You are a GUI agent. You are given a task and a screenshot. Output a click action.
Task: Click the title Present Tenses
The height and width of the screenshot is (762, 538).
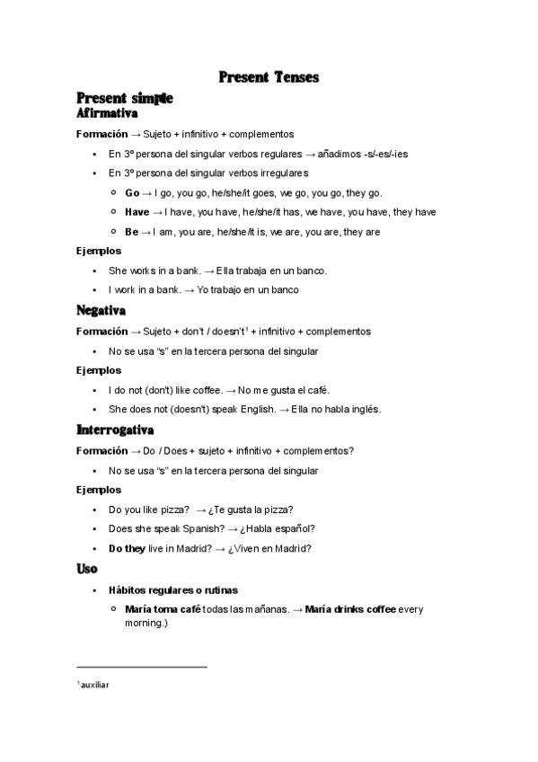(x=269, y=77)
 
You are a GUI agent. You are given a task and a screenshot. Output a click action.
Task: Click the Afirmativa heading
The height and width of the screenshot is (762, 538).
(x=107, y=114)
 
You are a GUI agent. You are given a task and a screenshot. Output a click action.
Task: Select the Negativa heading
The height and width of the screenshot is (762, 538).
(x=101, y=311)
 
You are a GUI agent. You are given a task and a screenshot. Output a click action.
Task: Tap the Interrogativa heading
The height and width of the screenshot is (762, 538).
(x=116, y=430)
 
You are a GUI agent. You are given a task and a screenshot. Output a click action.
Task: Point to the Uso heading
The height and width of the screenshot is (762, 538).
(x=87, y=569)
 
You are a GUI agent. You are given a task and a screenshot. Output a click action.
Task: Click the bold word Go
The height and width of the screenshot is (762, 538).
(x=132, y=192)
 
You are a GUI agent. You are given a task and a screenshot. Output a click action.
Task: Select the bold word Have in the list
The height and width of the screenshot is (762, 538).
(x=137, y=212)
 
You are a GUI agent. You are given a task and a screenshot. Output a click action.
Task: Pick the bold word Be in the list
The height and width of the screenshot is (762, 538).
(x=132, y=232)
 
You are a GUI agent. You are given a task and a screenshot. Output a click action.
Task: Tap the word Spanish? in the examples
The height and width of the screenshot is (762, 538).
(x=194, y=528)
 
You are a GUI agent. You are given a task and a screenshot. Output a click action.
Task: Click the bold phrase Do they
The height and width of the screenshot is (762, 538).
(x=127, y=548)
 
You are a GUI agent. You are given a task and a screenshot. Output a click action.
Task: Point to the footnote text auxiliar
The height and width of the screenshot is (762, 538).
(x=94, y=686)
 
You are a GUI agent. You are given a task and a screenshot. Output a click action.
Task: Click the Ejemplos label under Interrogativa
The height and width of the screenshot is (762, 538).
(x=99, y=490)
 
